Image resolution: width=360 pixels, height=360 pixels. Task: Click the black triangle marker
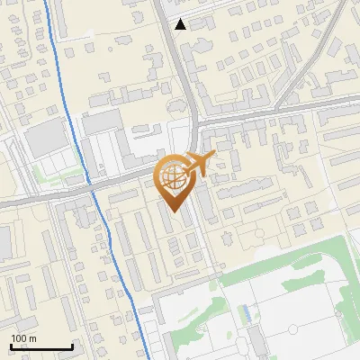coord(181,24)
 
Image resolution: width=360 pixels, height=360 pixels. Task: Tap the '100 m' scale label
coord(23,338)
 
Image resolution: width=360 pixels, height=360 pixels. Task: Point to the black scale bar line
coord(41,346)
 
